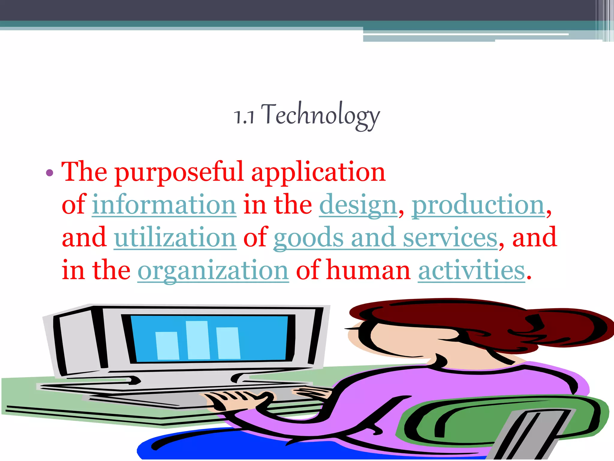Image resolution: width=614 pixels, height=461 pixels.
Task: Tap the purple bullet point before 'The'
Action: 49,173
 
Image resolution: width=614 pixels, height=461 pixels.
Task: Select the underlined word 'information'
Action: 164,205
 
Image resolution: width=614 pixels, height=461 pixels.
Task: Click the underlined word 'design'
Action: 358,205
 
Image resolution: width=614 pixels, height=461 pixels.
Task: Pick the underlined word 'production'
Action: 478,205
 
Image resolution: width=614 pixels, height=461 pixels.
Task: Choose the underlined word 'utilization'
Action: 175,238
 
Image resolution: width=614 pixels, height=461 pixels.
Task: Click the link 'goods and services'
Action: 385,238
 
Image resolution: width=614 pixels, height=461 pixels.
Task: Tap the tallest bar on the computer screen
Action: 198,340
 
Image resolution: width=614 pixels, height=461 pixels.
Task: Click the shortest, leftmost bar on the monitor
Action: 167,345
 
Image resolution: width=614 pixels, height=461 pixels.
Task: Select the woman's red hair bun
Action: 570,327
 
